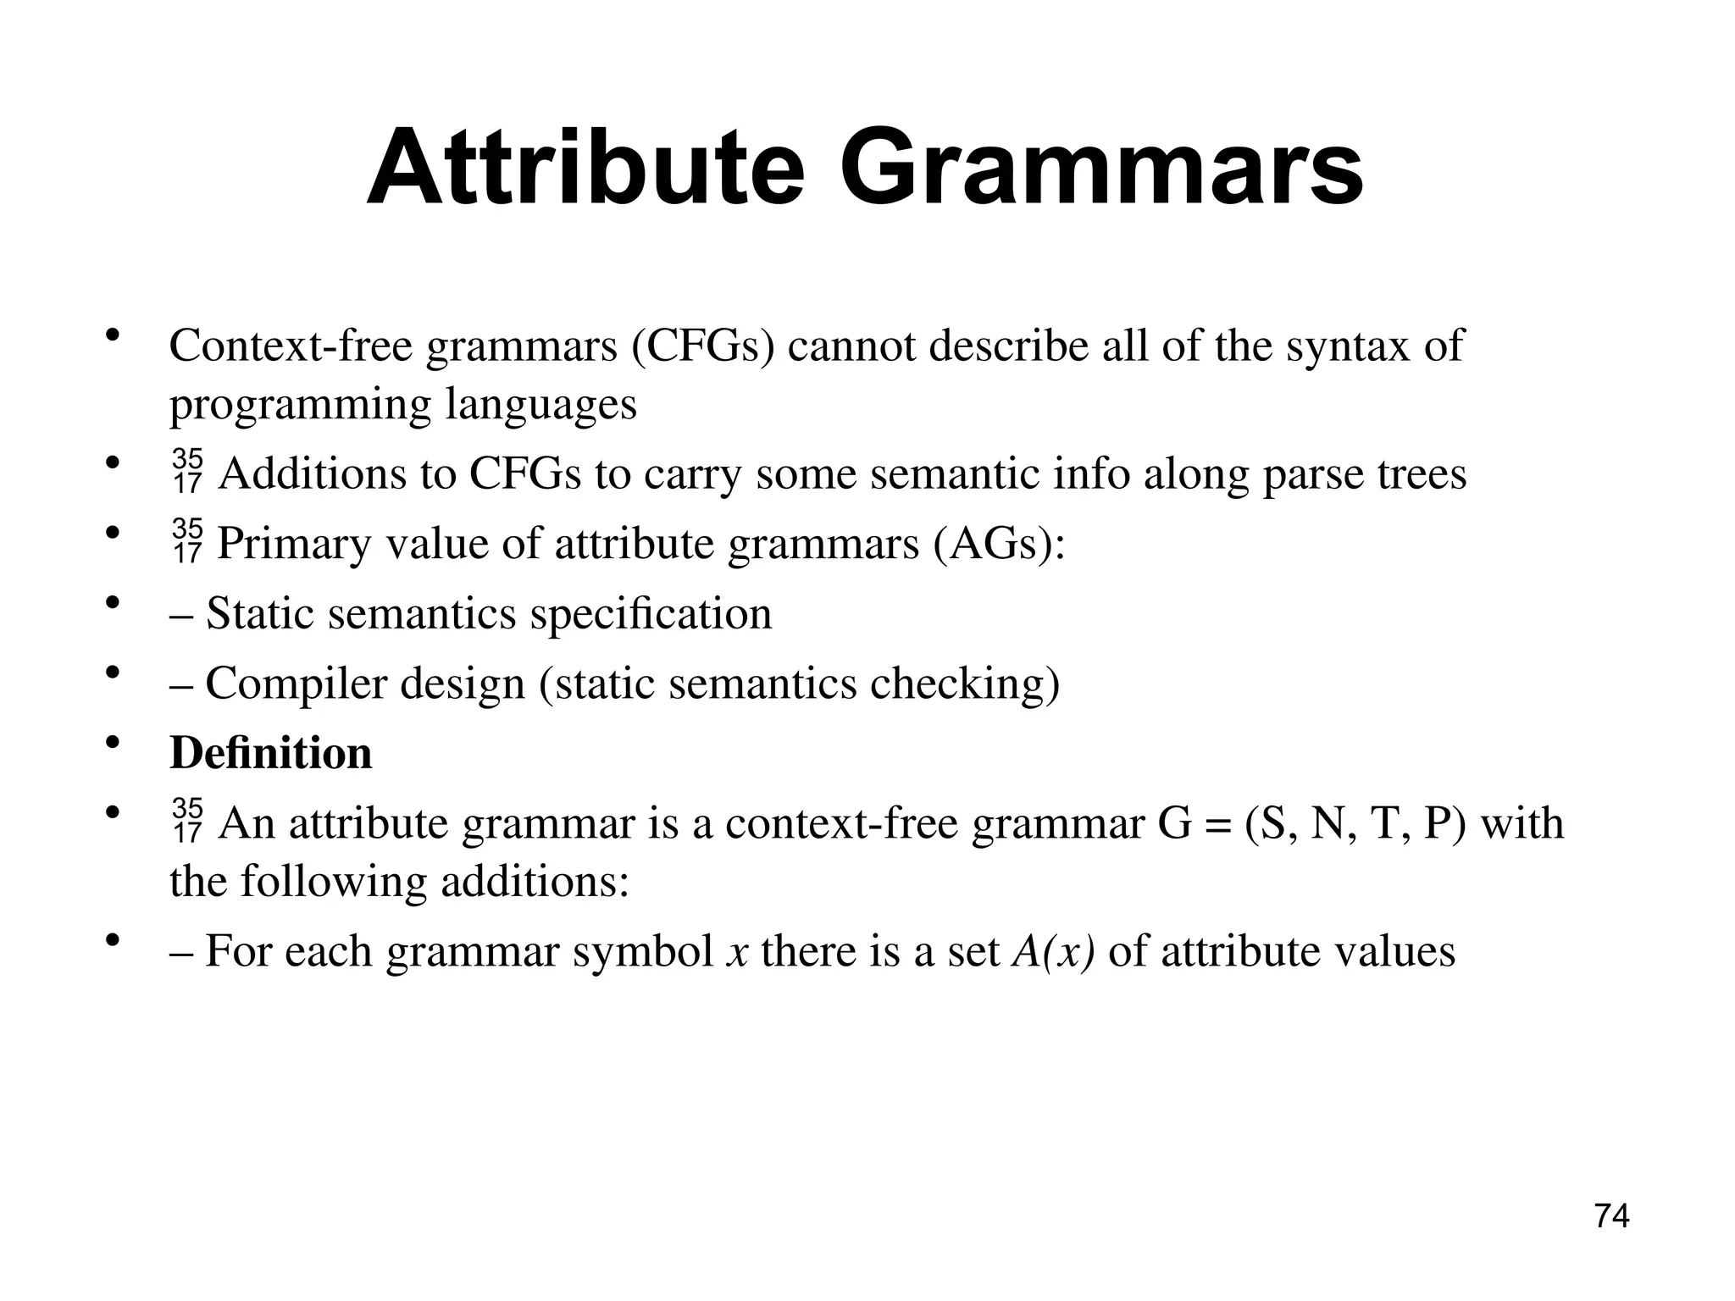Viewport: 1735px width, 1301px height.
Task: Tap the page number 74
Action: point(1611,1216)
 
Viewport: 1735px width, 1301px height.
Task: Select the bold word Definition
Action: point(271,752)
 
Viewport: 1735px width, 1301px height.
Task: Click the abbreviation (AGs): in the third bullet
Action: point(999,543)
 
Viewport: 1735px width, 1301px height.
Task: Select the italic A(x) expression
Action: point(1054,950)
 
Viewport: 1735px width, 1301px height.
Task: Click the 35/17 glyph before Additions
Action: point(187,473)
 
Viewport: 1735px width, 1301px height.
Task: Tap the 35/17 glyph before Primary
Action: point(187,542)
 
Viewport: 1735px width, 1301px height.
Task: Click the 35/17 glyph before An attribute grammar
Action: point(187,822)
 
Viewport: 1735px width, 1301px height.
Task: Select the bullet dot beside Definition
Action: point(112,744)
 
